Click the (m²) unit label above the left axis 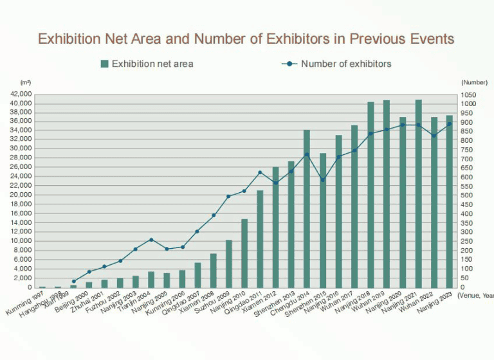[x=26, y=83]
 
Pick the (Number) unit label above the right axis [x=474, y=83]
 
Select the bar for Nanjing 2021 [x=418, y=193]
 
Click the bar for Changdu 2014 [x=307, y=209]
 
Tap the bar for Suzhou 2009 [x=228, y=264]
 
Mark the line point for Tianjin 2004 [x=151, y=240]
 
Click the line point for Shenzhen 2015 [x=323, y=179]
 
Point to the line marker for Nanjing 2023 [x=449, y=123]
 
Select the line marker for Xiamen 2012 [x=275, y=183]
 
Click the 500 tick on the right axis [x=467, y=195]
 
